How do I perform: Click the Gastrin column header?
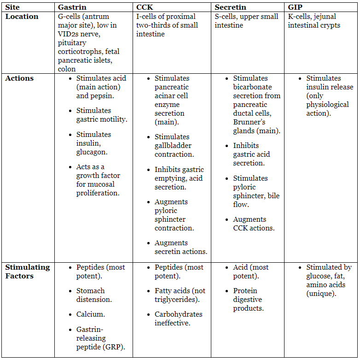[72, 7]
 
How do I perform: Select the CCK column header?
[144, 7]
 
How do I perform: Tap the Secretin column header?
[230, 7]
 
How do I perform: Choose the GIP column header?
[295, 7]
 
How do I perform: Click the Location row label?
[22, 17]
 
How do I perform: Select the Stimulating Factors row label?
[27, 271]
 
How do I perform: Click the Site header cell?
[12, 7]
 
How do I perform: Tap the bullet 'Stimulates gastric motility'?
[101, 115]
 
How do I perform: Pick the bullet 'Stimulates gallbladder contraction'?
[174, 145]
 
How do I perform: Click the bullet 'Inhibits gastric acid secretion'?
[251, 154]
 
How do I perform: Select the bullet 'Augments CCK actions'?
[254, 224]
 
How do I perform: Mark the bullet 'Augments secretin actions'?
[180, 247]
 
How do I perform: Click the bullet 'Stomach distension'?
[94, 295]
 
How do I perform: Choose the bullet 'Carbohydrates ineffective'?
[178, 319]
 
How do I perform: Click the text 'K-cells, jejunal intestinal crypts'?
[314, 21]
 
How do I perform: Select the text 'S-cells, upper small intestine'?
[246, 21]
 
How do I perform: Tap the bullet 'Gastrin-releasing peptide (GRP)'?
[100, 338]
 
